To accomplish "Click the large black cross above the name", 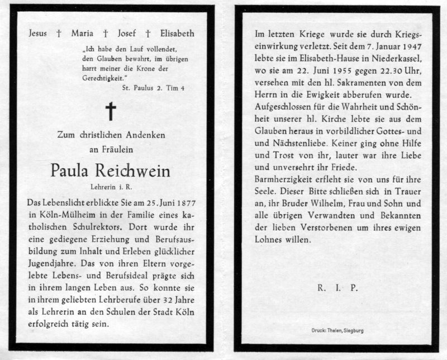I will pos(111,111).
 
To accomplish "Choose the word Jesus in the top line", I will pos(39,34).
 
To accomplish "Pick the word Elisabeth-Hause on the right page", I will pos(314,59).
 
